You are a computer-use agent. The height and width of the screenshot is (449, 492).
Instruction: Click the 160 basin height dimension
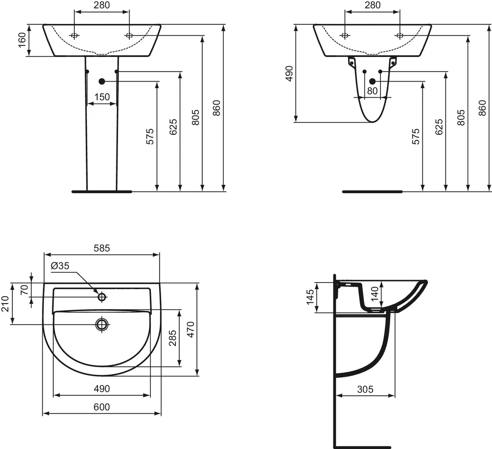tap(22, 40)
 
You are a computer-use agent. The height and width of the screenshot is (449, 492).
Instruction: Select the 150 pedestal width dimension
tap(102, 97)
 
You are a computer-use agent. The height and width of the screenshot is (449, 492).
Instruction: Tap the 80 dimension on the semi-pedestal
tap(372, 91)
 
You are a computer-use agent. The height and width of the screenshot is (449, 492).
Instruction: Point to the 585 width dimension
tap(102, 248)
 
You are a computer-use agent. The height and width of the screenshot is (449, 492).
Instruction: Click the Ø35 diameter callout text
tap(60, 266)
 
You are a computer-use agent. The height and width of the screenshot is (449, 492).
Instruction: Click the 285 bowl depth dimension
tap(173, 338)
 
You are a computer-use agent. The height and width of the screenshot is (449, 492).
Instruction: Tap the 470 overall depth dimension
tap(191, 329)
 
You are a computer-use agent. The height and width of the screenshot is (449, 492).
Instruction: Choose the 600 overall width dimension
tap(102, 407)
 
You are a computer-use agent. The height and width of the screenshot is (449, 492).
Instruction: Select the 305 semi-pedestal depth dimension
tap(365, 389)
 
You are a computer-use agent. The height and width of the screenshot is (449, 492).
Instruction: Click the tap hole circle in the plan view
tap(102, 296)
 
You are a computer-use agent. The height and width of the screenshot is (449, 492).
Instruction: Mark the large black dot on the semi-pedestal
tap(372, 81)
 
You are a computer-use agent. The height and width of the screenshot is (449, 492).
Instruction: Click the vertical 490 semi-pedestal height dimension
tap(289, 74)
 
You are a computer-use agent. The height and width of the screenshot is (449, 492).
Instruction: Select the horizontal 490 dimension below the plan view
tap(102, 388)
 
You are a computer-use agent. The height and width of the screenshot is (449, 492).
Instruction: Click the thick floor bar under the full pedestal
tap(102, 191)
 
